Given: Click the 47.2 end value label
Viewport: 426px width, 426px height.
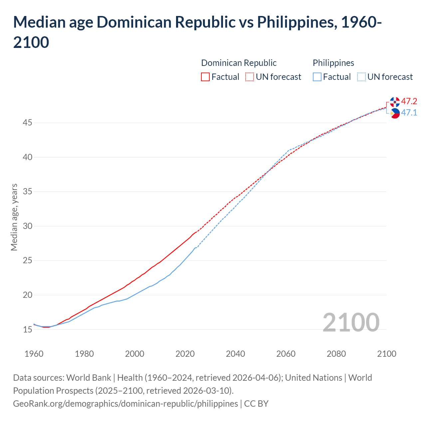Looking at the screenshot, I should point(409,101).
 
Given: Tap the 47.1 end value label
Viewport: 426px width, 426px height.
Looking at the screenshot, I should point(409,112).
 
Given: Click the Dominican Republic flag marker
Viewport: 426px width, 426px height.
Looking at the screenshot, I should point(395,102).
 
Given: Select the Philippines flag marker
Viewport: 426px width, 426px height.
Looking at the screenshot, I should point(395,113).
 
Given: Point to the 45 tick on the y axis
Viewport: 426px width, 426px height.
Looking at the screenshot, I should point(28,123).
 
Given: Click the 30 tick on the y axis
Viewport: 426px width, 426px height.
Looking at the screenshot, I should point(28,226).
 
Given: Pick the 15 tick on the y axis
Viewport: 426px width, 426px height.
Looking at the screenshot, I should point(28,330).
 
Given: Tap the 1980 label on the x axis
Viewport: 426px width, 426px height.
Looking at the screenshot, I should point(84,354).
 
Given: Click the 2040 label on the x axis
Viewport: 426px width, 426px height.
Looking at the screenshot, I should point(235,354).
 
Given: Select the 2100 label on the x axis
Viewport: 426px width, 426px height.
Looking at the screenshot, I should point(386,354).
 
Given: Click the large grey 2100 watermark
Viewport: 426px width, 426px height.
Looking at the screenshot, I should point(351,322).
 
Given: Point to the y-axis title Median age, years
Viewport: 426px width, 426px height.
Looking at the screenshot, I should point(14,217).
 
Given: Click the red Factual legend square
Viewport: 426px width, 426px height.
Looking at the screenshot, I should point(205,77).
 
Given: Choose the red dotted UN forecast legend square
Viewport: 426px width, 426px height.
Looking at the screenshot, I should point(250,77).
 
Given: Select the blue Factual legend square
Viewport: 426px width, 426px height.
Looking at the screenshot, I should point(317,77).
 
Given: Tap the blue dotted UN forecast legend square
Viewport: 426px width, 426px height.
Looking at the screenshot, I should point(361,77).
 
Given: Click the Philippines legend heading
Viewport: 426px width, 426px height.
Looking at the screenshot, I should point(333,63).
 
